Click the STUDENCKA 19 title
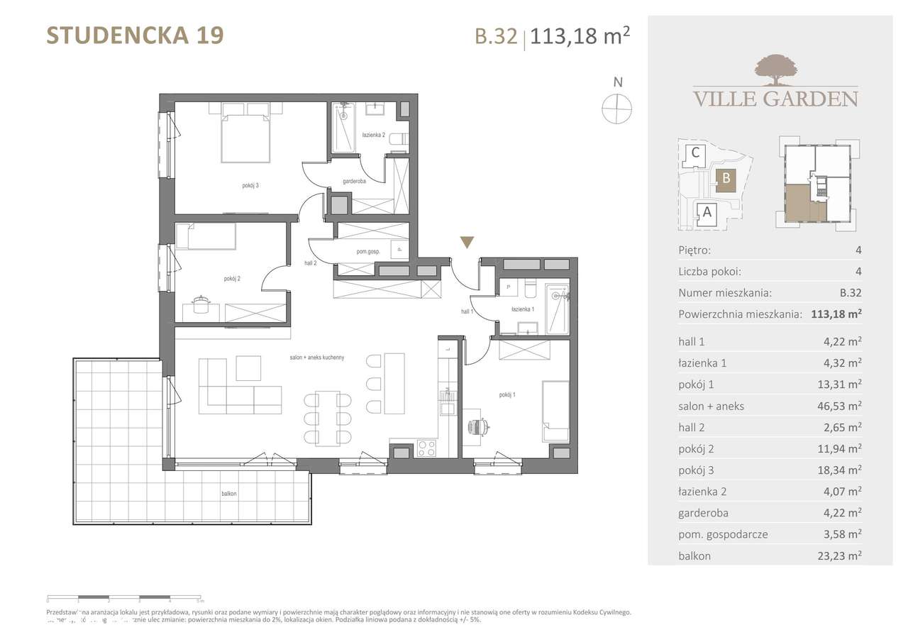pyautogui.click(x=135, y=35)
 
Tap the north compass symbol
pyautogui.click(x=616, y=109)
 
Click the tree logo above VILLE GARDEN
pyautogui.click(x=774, y=69)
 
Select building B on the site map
pyautogui.click(x=726, y=179)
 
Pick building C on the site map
pyautogui.click(x=696, y=152)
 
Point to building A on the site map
pyautogui.click(x=706, y=211)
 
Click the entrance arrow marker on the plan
pyautogui.click(x=466, y=243)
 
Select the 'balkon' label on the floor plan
pyautogui.click(x=228, y=494)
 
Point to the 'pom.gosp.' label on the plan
pyautogui.click(x=368, y=252)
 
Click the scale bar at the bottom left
pyautogui.click(x=124, y=600)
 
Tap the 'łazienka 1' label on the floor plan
pyautogui.click(x=523, y=309)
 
